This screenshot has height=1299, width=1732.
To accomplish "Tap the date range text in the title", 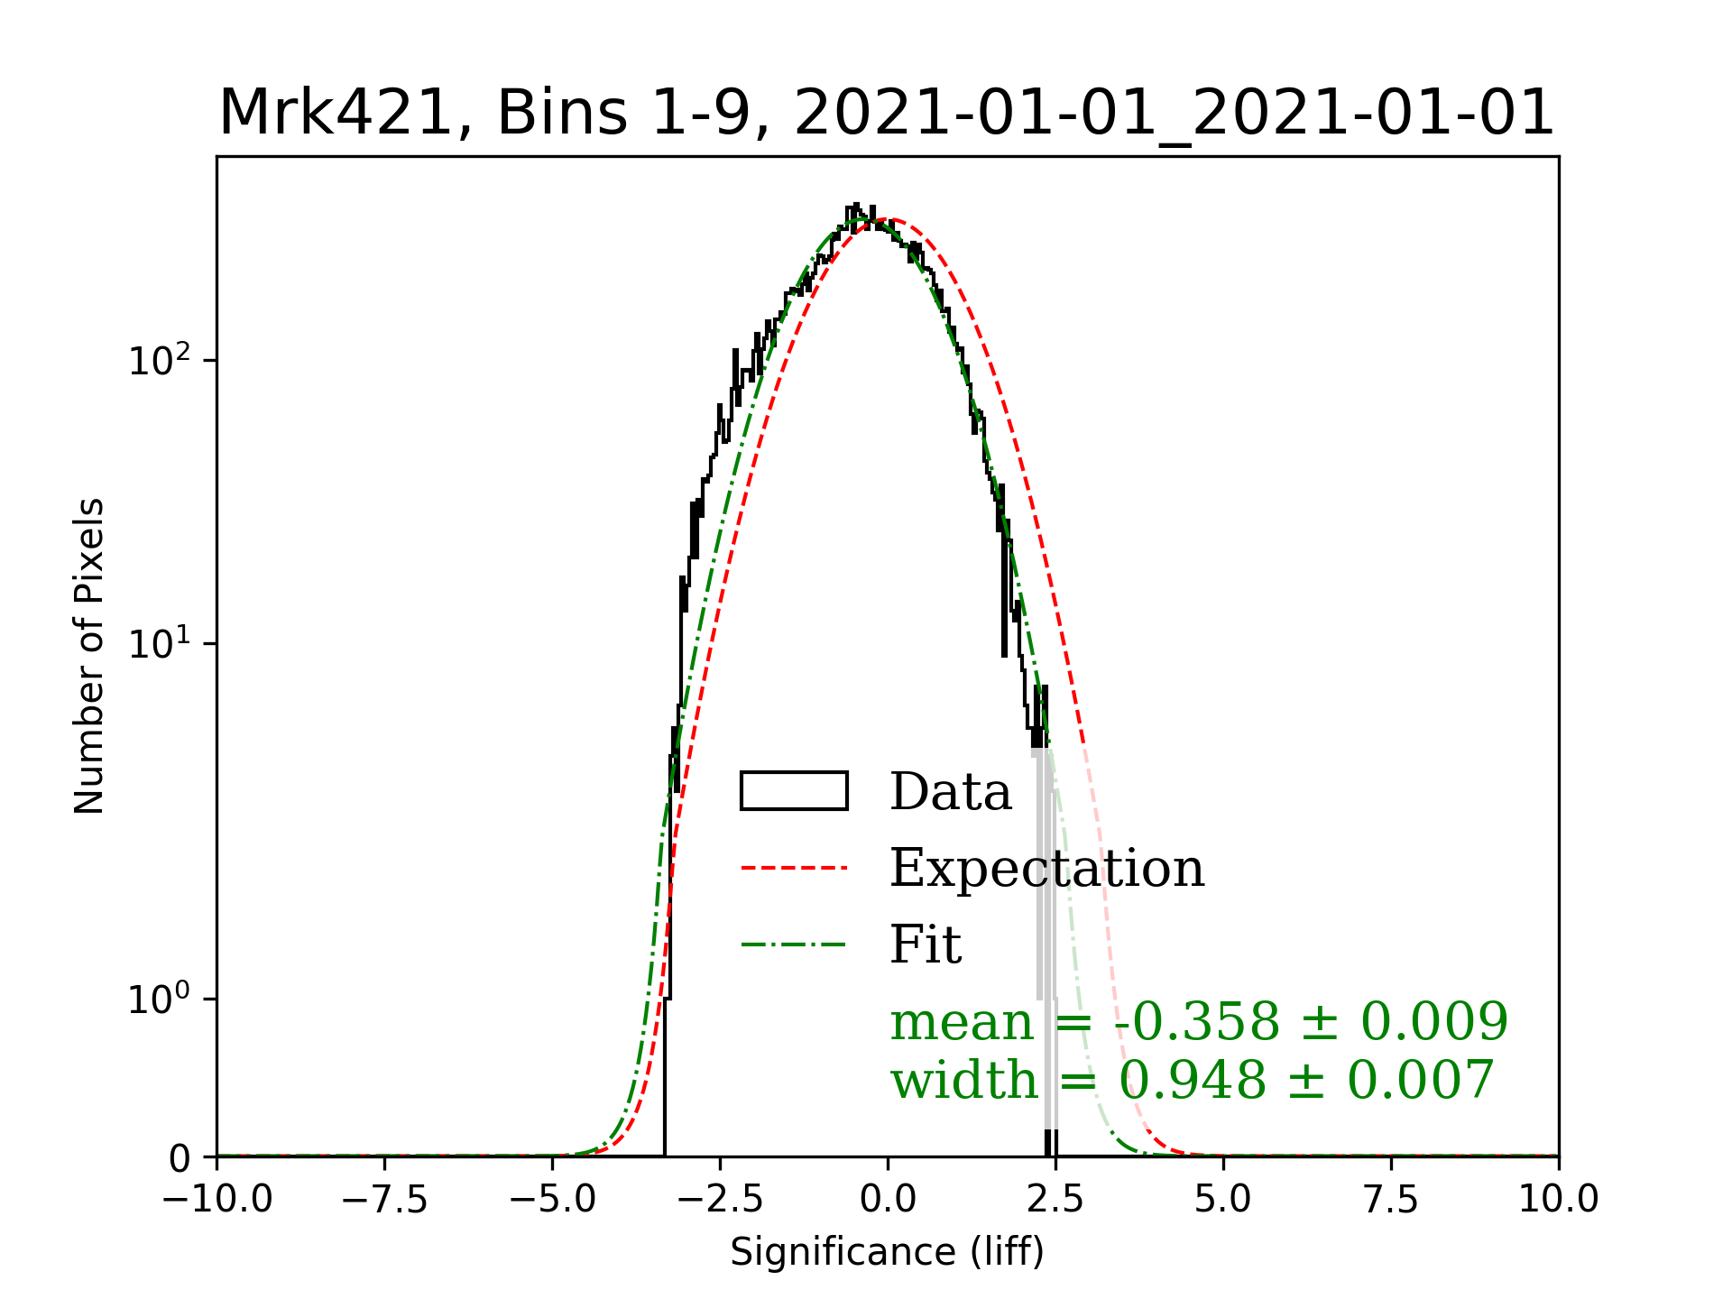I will (1173, 114).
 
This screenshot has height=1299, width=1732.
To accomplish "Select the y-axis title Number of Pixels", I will (89, 656).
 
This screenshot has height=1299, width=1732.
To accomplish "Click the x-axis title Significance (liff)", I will (887, 1252).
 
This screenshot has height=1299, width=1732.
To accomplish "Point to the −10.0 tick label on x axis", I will (217, 1200).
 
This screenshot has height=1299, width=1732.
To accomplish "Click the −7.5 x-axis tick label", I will (385, 1200).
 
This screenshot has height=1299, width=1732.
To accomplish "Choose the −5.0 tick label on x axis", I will (553, 1200).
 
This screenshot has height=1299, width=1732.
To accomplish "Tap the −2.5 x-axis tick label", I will (721, 1200).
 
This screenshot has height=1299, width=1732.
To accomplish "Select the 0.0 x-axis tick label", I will (888, 1200).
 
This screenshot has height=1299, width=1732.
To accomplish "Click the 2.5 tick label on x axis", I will (1055, 1200).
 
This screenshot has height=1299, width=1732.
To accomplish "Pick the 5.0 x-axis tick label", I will (1223, 1200).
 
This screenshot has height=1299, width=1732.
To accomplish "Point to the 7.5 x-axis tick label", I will (1391, 1200).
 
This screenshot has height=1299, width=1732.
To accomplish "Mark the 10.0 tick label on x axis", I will (1559, 1200).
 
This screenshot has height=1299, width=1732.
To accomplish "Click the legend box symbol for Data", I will (794, 791).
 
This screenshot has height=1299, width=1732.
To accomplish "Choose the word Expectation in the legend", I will (1046, 869).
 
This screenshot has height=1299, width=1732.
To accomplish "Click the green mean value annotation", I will (1199, 1022).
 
